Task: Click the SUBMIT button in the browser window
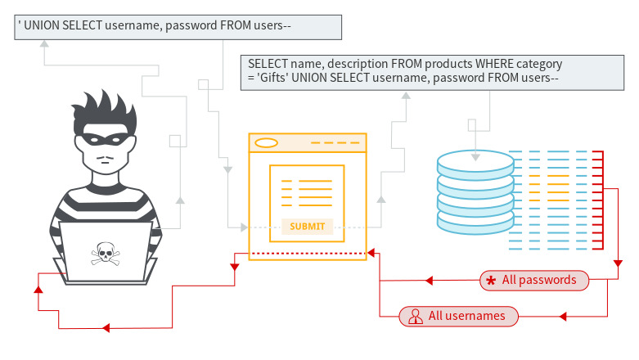(307, 227)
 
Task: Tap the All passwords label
(539, 281)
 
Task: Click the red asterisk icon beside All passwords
(491, 281)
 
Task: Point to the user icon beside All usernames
(415, 316)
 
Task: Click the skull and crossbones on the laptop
(105, 254)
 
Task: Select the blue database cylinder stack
(475, 192)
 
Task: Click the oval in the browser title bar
(267, 143)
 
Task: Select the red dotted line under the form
(307, 254)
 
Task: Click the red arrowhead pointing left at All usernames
(560, 316)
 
